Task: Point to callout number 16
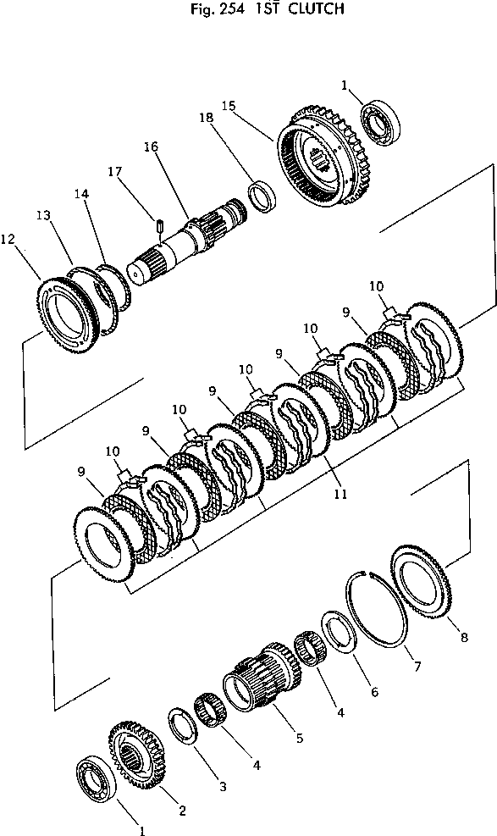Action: pyautogui.click(x=151, y=147)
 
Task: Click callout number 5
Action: pyautogui.click(x=299, y=738)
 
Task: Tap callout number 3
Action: pyautogui.click(x=223, y=787)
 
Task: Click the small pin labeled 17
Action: pyautogui.click(x=159, y=224)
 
